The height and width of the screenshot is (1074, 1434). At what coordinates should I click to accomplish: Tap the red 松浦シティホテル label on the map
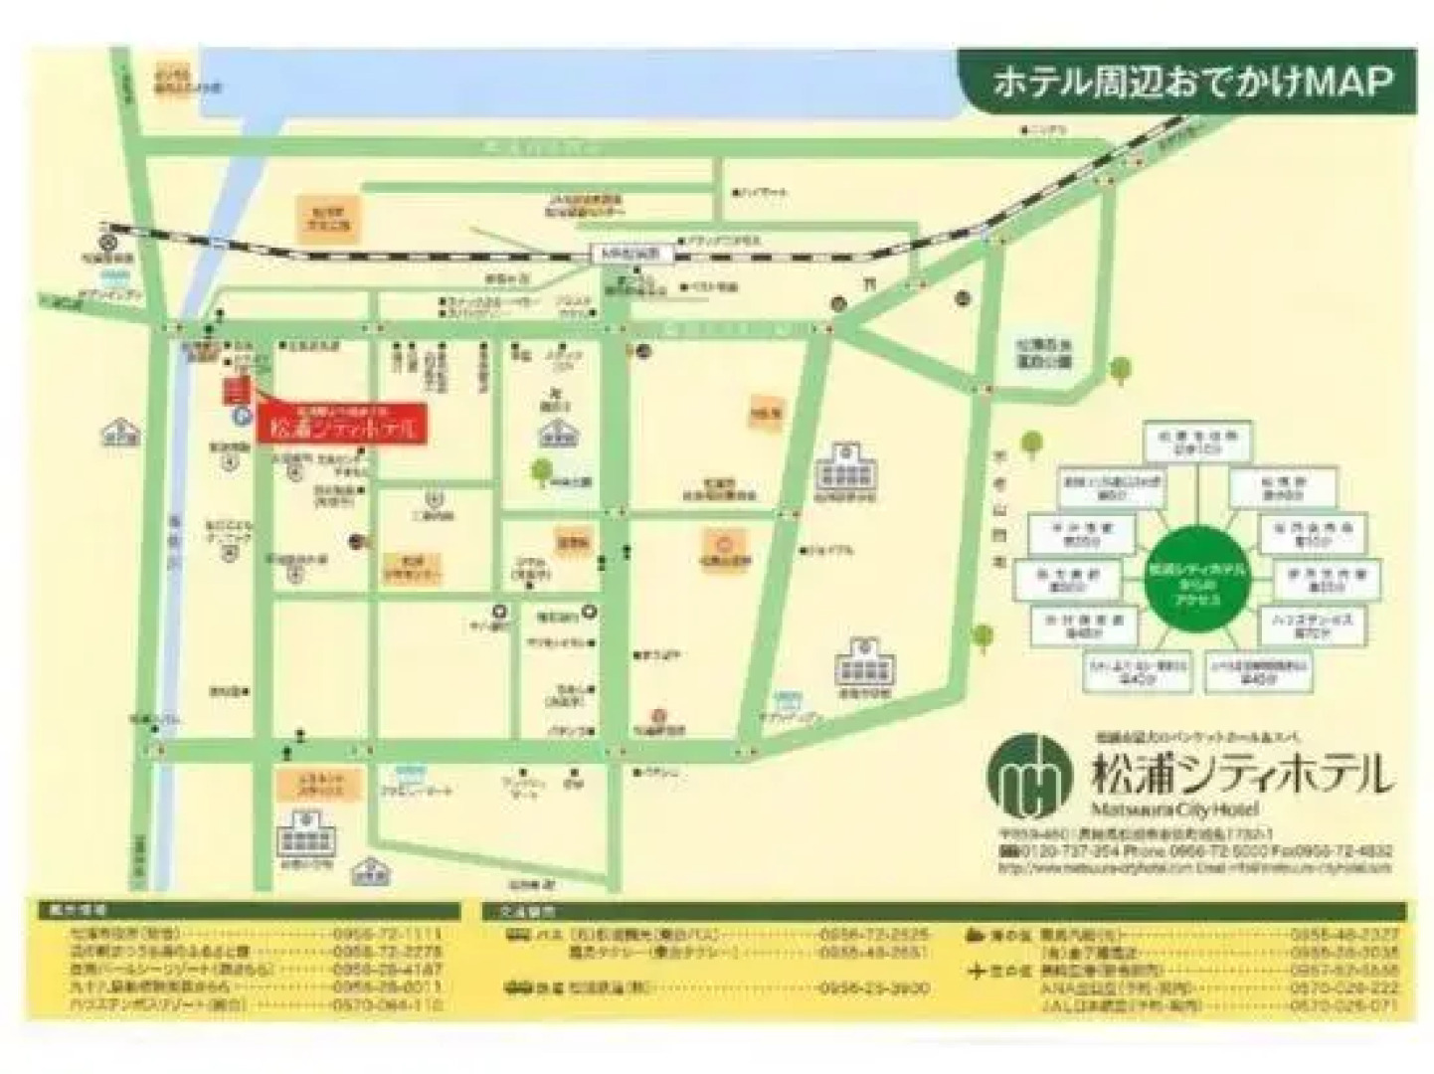tap(343, 429)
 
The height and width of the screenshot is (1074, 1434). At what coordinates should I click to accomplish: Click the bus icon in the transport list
tap(518, 935)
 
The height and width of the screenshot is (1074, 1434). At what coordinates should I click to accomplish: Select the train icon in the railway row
tap(518, 988)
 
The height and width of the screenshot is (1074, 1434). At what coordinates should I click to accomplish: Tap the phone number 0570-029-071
tap(1344, 1005)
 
